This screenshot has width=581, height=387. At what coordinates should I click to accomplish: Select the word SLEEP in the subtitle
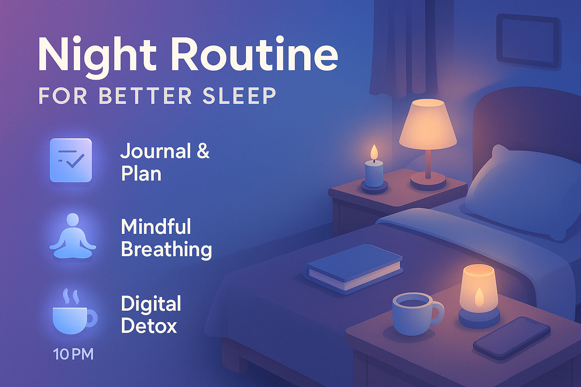coord(239,96)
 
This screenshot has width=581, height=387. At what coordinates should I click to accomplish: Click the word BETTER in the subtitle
coord(146,96)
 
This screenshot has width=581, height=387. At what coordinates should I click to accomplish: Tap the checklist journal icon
coord(71,160)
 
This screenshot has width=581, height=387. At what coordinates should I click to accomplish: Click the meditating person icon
coord(73,237)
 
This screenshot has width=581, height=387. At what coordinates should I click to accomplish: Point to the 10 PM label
coord(73,354)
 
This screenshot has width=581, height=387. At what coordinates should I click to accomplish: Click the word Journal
coord(155,152)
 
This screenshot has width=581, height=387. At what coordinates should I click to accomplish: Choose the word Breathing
coord(166,249)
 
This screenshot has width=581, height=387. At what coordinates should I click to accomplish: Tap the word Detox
coord(149,326)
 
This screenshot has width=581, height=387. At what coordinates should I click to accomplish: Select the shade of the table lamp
coord(428,125)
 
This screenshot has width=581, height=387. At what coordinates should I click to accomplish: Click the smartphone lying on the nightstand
coord(512,337)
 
